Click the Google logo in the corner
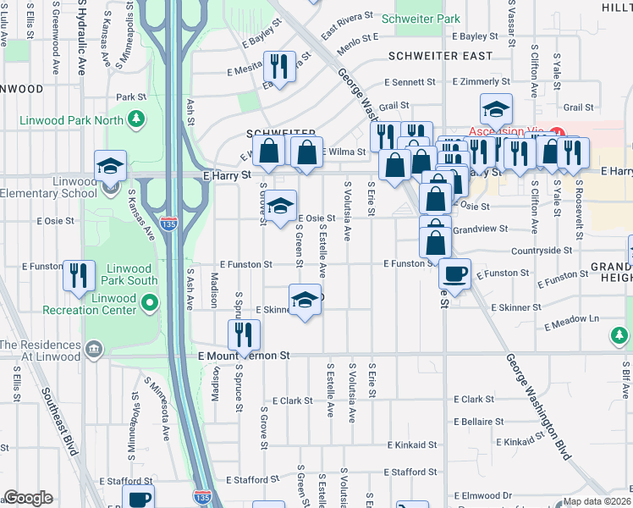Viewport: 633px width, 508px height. coord(28,498)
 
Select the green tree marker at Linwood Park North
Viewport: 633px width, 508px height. coord(135,120)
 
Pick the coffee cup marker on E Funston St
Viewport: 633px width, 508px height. coord(455,274)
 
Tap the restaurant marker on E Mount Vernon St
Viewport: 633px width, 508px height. coord(244,335)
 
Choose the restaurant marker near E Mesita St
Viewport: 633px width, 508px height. coord(279,67)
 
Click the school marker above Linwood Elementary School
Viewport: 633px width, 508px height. coord(110,166)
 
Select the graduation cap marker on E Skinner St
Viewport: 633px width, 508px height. coord(305,300)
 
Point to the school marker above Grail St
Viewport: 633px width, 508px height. coord(496,108)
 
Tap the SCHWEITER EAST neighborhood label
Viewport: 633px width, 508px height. coord(440,56)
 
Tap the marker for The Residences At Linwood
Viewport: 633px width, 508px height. coord(94,349)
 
